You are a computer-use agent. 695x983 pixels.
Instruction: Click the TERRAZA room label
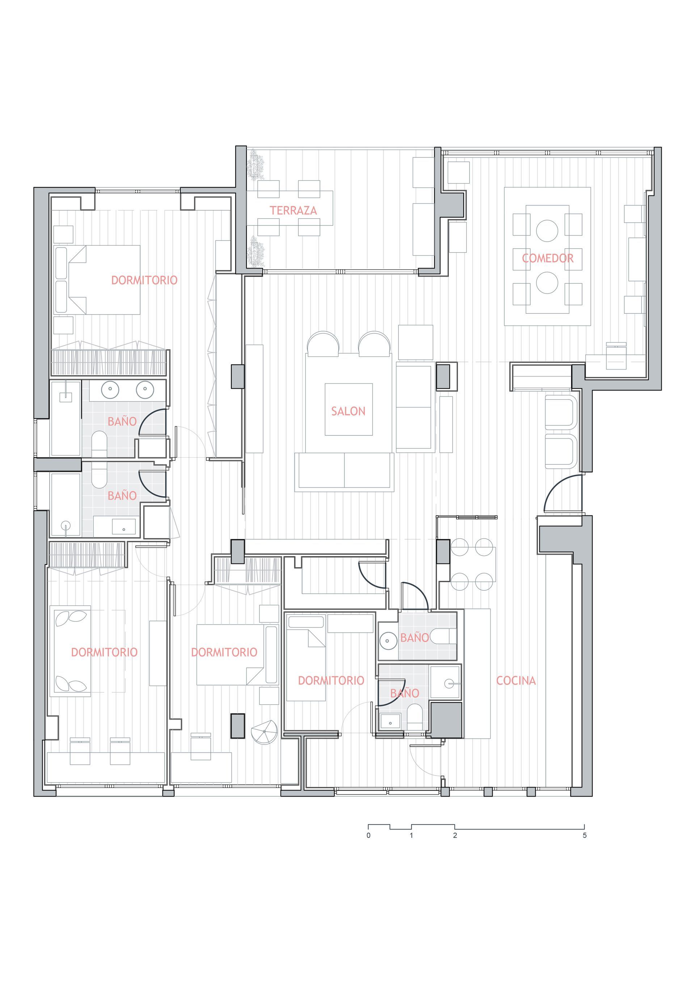(293, 210)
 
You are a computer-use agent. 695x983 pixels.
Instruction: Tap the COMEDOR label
(548, 258)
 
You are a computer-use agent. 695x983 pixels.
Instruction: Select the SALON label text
(348, 411)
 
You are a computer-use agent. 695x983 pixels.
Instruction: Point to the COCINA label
(516, 680)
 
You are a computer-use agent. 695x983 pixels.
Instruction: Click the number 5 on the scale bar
(585, 835)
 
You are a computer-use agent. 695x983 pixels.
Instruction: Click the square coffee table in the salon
(349, 409)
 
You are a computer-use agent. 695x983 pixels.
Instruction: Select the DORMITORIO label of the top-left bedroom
(144, 280)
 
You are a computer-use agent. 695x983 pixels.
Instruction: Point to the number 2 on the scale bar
(455, 835)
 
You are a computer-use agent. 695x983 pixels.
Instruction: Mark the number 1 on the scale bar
(412, 835)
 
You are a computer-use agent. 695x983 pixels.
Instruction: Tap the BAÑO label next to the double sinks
(122, 421)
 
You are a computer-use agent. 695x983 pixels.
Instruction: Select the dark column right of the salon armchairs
(443, 376)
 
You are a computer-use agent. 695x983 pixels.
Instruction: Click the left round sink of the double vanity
(110, 389)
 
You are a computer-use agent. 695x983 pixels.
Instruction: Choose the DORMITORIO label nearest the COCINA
(331, 680)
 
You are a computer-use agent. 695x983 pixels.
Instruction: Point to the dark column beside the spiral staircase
(238, 726)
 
